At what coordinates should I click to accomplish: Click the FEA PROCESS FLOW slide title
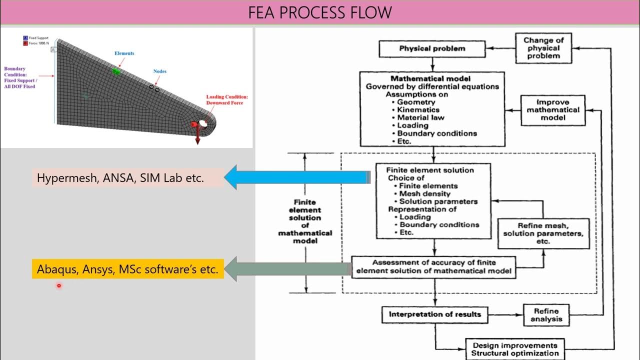tap(320, 12)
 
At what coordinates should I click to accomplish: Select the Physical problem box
tap(432, 49)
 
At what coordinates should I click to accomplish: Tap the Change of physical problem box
tap(543, 48)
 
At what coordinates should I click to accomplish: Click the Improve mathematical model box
tap(553, 110)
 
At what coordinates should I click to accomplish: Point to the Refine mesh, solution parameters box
tap(543, 233)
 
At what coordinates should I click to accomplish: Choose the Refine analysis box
tap(546, 315)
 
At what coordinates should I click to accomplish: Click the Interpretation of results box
tap(434, 314)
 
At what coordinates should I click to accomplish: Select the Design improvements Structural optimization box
tap(514, 349)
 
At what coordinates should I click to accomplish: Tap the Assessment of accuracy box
tap(433, 267)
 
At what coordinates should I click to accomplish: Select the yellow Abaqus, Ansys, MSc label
tap(127, 269)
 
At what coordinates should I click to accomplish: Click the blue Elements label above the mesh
tap(124, 53)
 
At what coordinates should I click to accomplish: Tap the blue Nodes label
tap(159, 71)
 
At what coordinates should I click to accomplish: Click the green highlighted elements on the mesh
tap(116, 71)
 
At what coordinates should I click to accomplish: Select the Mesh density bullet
tap(424, 193)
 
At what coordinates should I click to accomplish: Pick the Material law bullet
tap(420, 117)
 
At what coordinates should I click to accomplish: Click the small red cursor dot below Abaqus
tap(58, 286)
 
